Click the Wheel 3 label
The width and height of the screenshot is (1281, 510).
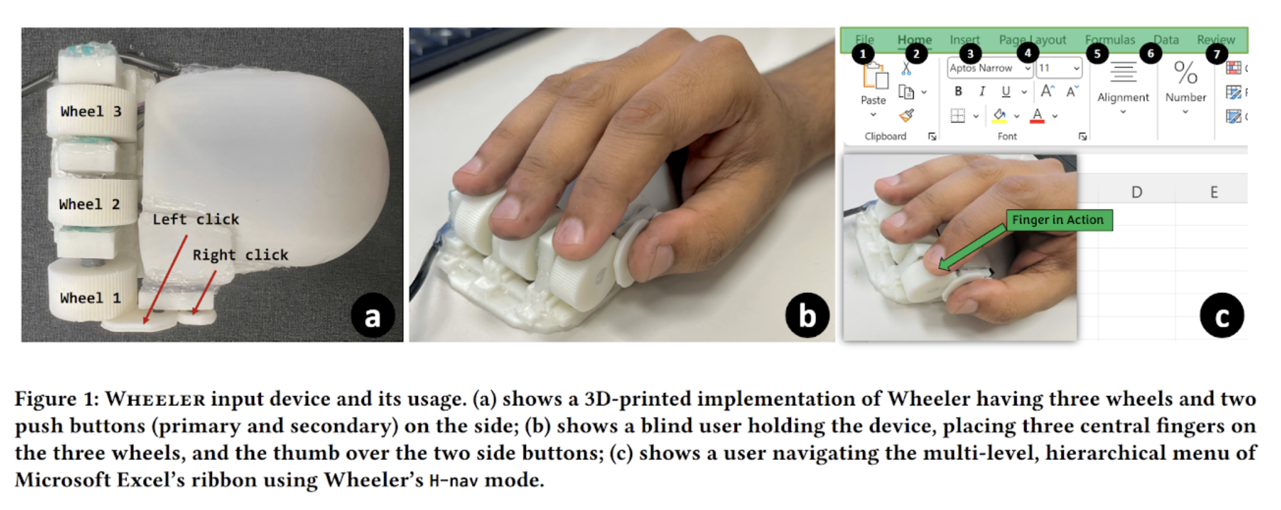point(91,111)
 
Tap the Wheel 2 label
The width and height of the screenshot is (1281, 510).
point(90,205)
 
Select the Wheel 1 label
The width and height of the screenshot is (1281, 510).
point(91,298)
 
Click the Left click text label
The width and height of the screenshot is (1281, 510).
point(195,219)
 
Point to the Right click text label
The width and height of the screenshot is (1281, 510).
point(240,255)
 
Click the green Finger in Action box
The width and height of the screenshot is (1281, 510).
point(1059,220)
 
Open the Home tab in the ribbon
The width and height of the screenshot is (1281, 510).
point(914,40)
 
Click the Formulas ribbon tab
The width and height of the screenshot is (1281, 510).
point(1110,40)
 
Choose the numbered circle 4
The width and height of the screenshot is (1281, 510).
point(1027,53)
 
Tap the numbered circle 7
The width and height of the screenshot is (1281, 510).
point(1216,54)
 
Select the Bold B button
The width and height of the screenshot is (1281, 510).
point(958,92)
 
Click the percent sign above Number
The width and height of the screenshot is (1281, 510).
point(1186,73)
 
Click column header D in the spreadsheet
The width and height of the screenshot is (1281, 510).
point(1137,192)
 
